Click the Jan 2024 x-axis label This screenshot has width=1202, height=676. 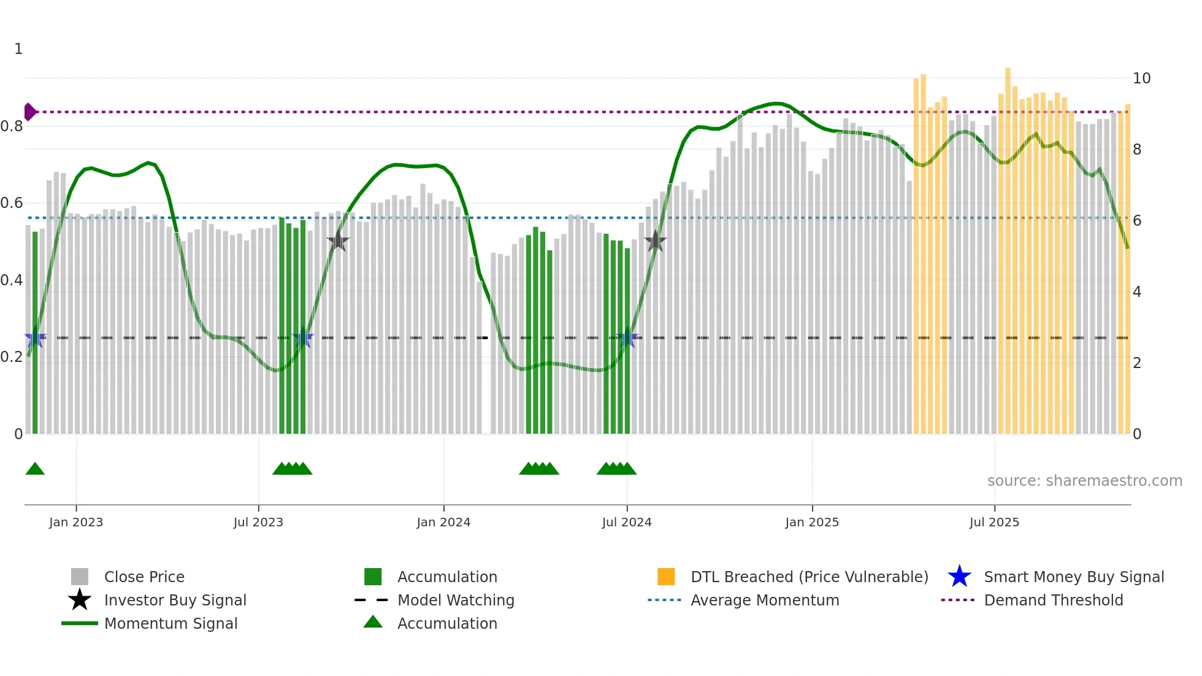coord(443,522)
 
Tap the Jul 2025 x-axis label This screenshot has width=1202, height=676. coord(994,522)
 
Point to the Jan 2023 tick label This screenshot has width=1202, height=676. coord(76,522)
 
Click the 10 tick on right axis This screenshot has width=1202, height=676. coord(1141,79)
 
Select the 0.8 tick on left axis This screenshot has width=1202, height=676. coord(12,126)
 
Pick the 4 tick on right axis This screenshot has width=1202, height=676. coord(1137,292)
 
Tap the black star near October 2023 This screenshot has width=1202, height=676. coord(338,241)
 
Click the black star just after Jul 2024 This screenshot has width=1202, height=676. coord(655,241)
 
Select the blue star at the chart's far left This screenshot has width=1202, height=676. coord(35,338)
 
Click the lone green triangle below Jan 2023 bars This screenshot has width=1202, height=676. coord(35,469)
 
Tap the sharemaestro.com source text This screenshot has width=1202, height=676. coord(1084,481)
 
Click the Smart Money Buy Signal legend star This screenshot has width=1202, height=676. coord(959,577)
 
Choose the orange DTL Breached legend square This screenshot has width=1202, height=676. coord(666,577)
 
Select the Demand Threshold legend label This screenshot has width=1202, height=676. coord(1053,600)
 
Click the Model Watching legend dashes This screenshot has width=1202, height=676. coord(371,600)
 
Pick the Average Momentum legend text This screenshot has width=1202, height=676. coord(765,600)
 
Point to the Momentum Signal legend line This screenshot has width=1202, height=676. coord(80,623)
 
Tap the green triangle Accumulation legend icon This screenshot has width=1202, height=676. coord(373,623)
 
